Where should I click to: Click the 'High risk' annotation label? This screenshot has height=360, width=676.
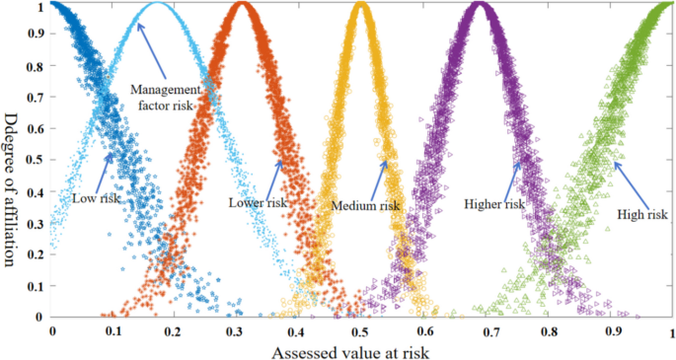[x=638, y=213]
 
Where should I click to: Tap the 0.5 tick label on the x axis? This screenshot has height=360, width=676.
[x=360, y=332]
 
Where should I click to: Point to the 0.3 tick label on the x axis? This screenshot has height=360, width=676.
[x=237, y=332]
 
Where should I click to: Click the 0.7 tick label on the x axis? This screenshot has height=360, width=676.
[x=485, y=332]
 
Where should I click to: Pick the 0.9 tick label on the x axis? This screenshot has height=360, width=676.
[x=609, y=332]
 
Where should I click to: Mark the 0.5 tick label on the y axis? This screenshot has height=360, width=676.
[x=35, y=161]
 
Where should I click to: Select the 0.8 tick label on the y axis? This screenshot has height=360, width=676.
[x=35, y=67]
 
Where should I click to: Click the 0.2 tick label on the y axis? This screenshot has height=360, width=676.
[x=35, y=254]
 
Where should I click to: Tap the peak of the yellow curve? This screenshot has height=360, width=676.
[x=361, y=6]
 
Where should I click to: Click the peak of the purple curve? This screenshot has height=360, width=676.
[x=480, y=6]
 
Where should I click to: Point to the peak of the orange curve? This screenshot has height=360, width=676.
[x=243, y=6]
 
